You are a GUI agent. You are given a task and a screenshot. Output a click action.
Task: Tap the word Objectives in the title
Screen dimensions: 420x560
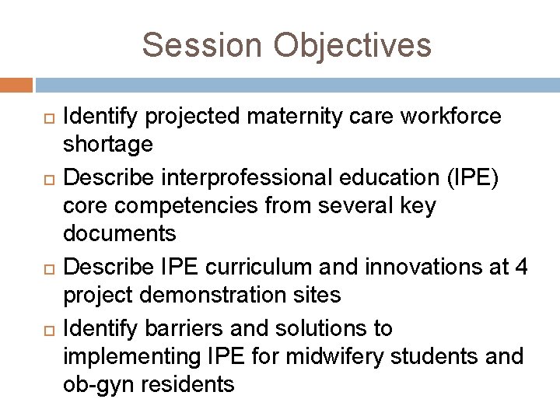click(x=352, y=45)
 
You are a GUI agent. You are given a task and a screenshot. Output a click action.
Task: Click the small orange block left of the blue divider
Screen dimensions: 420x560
click(x=16, y=85)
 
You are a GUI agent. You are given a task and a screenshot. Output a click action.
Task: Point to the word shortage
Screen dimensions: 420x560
click(x=107, y=144)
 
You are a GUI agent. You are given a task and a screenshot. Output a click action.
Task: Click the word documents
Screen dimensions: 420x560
click(x=119, y=233)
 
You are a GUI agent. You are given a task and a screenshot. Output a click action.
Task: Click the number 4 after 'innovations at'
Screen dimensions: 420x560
click(x=520, y=268)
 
